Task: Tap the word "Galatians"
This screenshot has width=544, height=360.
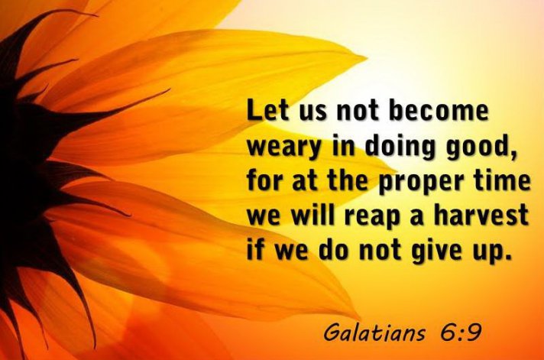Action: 374,332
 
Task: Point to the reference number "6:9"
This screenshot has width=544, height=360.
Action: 461,332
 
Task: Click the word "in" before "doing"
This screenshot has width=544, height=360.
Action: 344,146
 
